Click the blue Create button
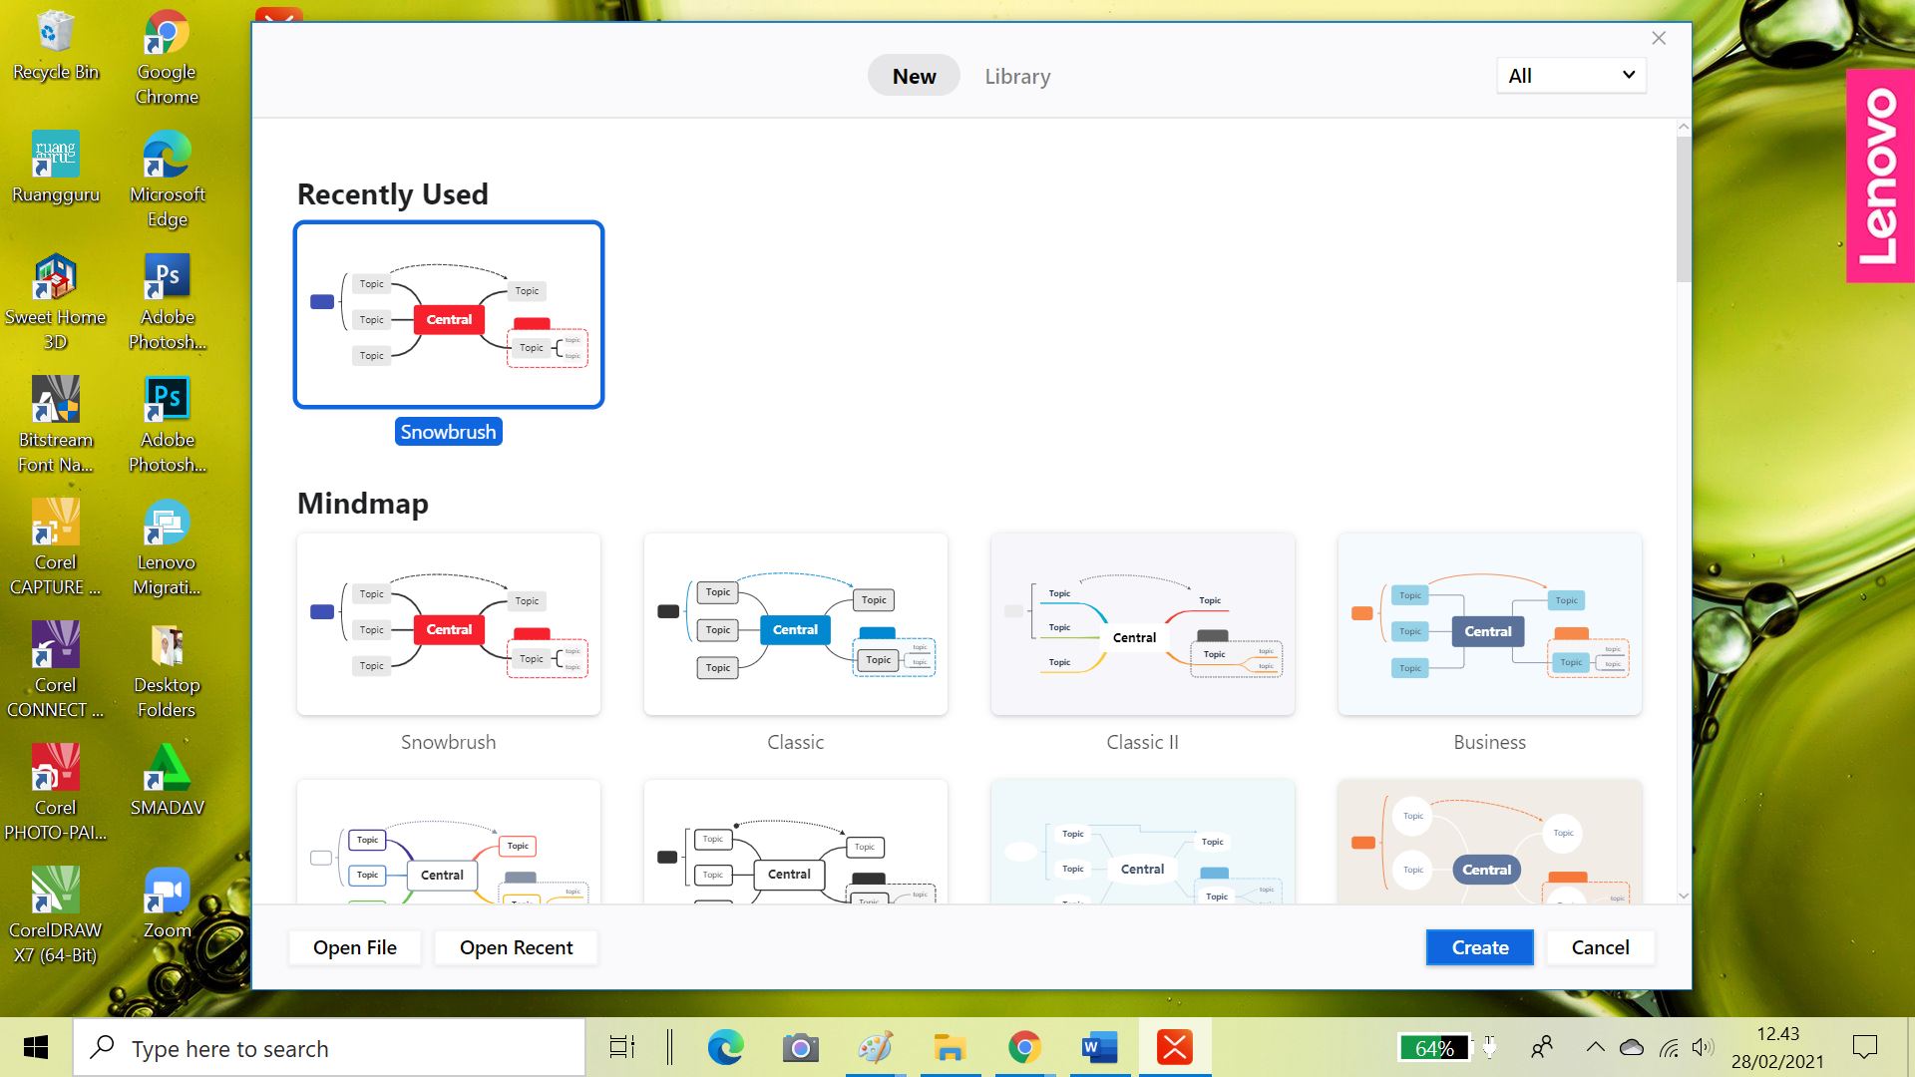click(x=1479, y=947)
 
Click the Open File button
click(x=354, y=947)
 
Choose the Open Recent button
click(x=516, y=947)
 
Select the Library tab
click(x=1017, y=76)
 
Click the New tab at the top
click(x=914, y=76)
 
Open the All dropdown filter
click(x=1571, y=76)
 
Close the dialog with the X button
click(x=1659, y=38)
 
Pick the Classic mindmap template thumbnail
click(x=795, y=624)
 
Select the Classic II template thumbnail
click(x=1142, y=624)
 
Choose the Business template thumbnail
click(x=1489, y=624)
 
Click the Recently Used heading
click(x=393, y=193)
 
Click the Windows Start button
click(x=36, y=1048)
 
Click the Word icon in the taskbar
click(x=1099, y=1048)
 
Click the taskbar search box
click(x=329, y=1048)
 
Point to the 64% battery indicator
click(x=1434, y=1048)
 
